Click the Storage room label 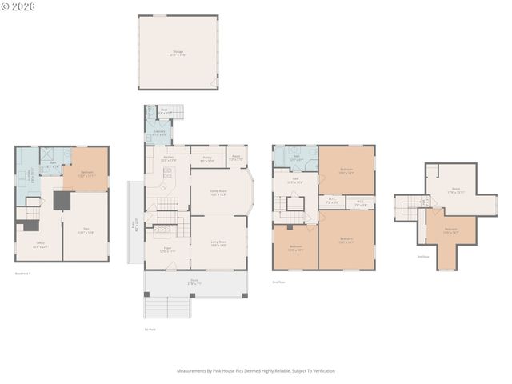point(178,54)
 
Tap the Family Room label point(218,192)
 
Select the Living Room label point(218,242)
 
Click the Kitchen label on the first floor point(168,158)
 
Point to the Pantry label point(206,158)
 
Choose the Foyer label point(167,250)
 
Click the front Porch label point(195,282)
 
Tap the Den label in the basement point(85,231)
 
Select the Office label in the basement point(40,245)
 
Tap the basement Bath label point(52,163)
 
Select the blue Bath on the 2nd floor point(295,158)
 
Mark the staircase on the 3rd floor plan point(409,209)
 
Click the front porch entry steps point(167,307)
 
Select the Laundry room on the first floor point(160,133)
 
